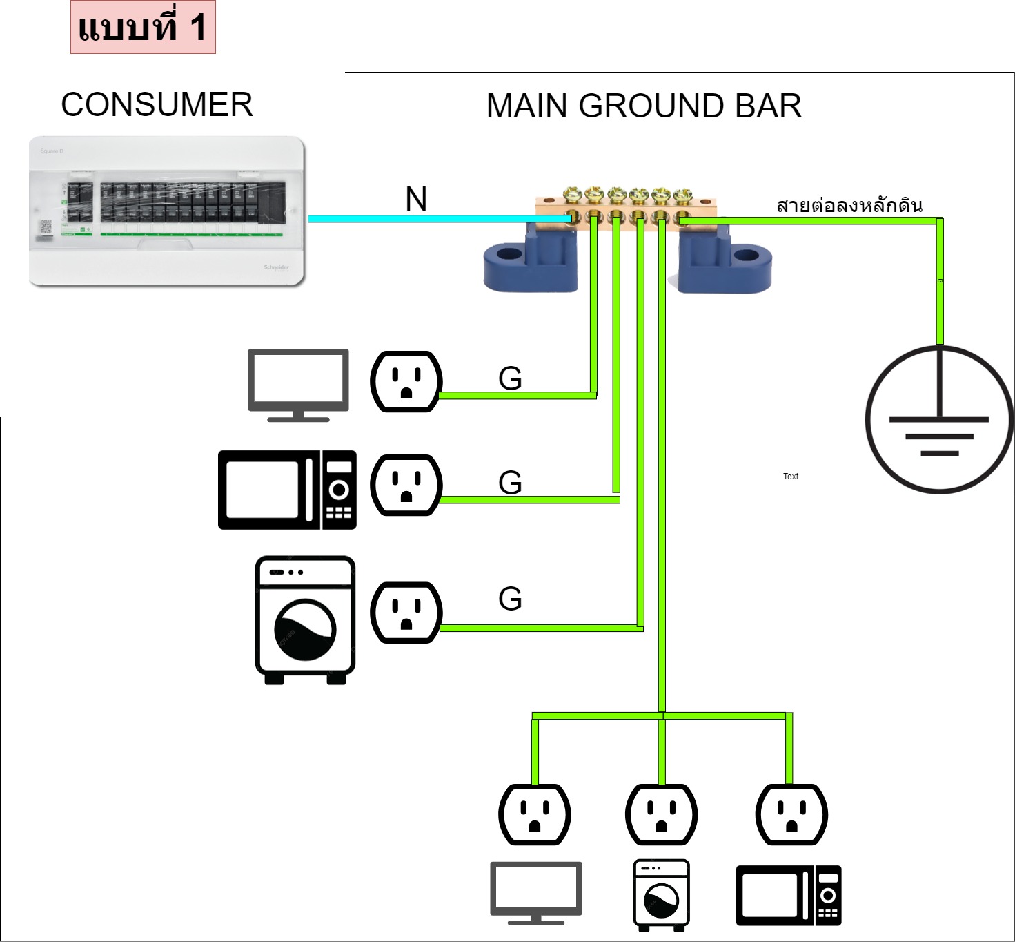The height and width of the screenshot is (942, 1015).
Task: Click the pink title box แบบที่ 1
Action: click(x=143, y=28)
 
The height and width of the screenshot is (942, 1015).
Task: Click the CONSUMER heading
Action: click(x=157, y=105)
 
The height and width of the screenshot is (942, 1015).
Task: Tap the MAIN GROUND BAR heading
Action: click(x=644, y=106)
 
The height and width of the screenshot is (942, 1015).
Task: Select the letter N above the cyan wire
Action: click(x=416, y=200)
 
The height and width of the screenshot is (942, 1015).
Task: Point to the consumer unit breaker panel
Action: click(x=166, y=211)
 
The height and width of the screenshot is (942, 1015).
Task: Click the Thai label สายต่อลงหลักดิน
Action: click(x=849, y=206)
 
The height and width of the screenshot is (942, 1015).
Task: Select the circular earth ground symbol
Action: click(x=939, y=419)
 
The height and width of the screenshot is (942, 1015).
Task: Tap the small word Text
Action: click(x=791, y=477)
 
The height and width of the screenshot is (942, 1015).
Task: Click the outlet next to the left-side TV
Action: click(x=406, y=382)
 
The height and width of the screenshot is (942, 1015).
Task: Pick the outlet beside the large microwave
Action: click(x=406, y=485)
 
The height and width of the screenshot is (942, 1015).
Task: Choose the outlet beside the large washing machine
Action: click(x=406, y=613)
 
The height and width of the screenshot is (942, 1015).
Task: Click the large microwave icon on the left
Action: click(x=287, y=490)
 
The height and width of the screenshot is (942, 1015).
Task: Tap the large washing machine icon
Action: click(x=305, y=619)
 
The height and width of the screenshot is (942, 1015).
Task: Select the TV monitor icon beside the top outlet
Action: click(x=298, y=384)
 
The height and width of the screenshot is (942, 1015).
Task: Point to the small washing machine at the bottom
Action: click(x=662, y=895)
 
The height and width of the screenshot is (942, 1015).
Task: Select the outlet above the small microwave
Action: click(x=791, y=814)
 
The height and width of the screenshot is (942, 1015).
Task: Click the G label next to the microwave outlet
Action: click(x=510, y=482)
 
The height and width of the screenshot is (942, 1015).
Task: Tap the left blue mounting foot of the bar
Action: click(x=531, y=260)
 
